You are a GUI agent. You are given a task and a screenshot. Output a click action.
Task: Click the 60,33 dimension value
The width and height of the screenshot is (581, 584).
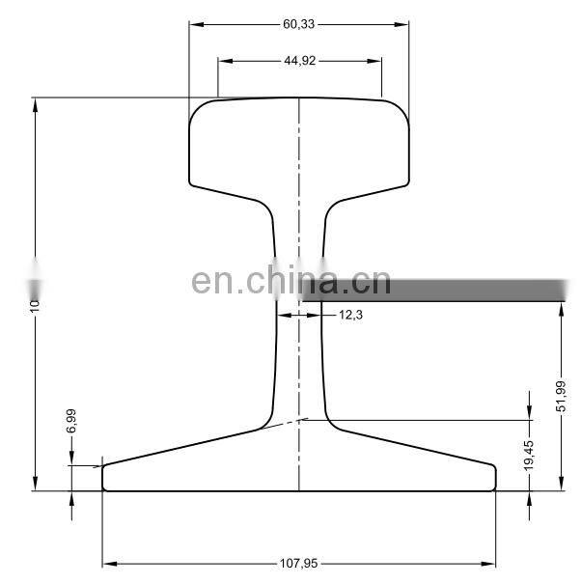point(299,24)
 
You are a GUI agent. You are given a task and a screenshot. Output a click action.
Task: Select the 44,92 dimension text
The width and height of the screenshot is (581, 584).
point(299,60)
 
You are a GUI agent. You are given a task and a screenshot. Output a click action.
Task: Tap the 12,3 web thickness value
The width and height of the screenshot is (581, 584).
point(351,315)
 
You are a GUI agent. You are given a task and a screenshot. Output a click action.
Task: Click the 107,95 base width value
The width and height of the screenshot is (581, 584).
point(299,563)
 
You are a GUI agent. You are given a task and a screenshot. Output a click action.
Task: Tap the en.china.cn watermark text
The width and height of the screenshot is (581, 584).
point(290,282)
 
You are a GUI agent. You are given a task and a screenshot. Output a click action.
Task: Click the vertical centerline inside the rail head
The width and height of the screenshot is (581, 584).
point(299,145)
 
